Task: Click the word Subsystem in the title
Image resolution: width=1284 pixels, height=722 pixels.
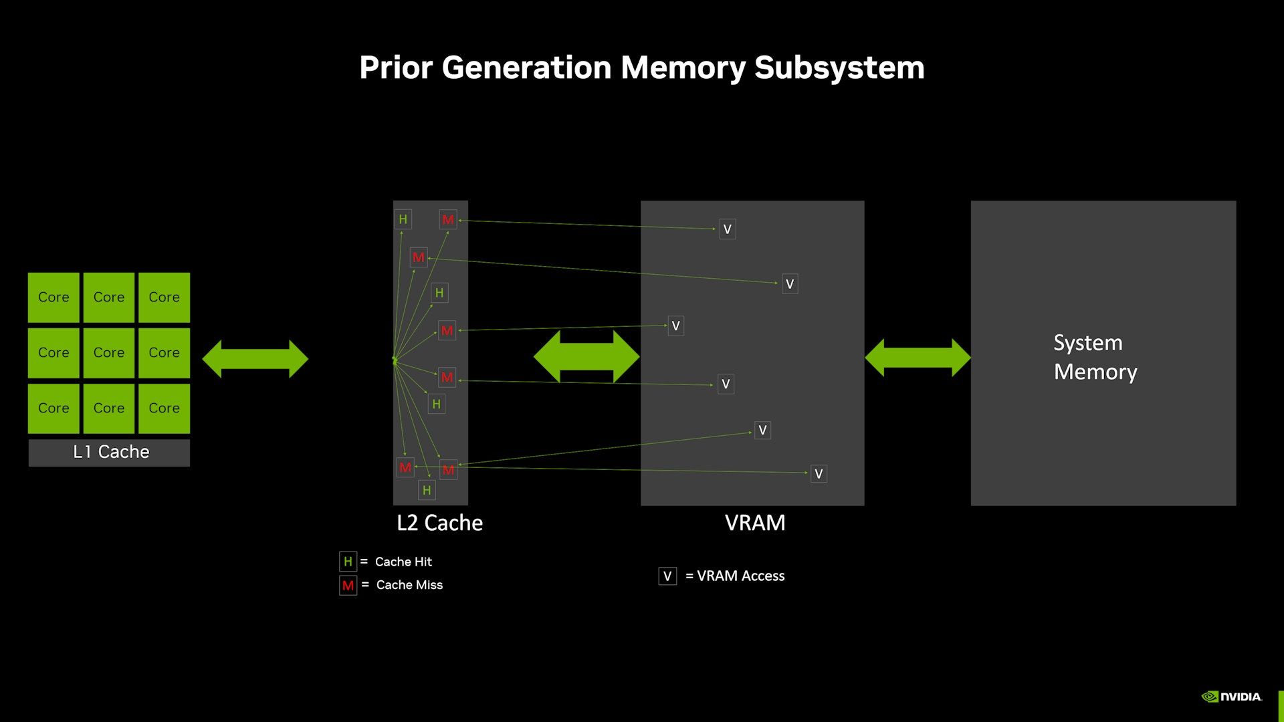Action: coord(839,68)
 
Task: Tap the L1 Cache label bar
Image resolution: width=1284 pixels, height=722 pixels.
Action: coord(109,453)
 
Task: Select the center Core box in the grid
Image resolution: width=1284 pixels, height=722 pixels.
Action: coord(109,353)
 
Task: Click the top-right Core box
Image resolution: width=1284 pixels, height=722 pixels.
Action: coord(164,297)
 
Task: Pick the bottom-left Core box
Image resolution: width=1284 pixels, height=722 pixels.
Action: coord(53,408)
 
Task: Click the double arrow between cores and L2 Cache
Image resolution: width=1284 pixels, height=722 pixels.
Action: coord(255,359)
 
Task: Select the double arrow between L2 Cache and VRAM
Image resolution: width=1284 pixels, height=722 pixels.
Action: coord(586,357)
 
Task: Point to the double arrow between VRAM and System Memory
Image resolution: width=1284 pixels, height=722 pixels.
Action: coord(918,358)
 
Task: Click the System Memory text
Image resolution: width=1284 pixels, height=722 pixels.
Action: coord(1095,357)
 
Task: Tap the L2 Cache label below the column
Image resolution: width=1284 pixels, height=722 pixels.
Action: coord(439,523)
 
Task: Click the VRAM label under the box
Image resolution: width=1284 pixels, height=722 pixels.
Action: coord(755,523)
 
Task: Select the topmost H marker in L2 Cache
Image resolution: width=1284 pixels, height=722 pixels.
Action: coord(403,219)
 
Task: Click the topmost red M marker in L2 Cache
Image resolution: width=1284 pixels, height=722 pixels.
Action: coord(448,219)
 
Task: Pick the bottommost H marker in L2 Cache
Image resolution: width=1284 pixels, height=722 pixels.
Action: coord(427,491)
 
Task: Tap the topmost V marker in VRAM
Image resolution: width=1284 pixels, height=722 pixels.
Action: coord(728,229)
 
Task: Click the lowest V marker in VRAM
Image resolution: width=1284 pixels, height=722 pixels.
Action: coord(819,474)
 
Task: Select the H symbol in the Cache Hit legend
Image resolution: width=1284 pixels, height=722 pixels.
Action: coord(348,562)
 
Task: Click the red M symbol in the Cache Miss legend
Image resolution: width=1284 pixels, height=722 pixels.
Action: coord(348,586)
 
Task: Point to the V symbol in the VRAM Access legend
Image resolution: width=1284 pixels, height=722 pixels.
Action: coord(667,576)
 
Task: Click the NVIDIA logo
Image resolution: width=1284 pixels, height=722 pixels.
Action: coord(1232,697)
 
